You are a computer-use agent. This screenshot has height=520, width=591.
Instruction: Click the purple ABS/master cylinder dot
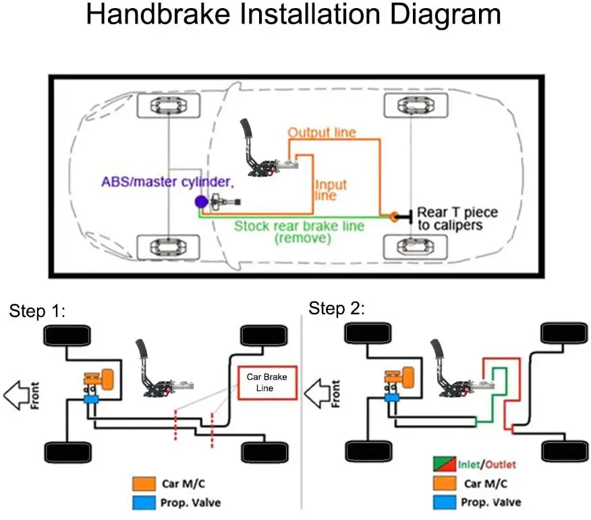pyautogui.click(x=200, y=202)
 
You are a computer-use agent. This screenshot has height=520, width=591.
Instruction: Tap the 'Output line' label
pyautogui.click(x=321, y=133)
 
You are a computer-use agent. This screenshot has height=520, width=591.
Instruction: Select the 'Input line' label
pyautogui.click(x=331, y=190)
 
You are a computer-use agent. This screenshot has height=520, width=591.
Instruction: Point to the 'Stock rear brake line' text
pyautogui.click(x=298, y=225)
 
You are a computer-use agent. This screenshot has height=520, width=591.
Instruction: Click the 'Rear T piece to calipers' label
pyautogui.click(x=457, y=219)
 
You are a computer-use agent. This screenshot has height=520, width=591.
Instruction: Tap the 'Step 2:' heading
pyautogui.click(x=336, y=308)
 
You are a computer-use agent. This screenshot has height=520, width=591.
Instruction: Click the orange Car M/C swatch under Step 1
pyautogui.click(x=144, y=484)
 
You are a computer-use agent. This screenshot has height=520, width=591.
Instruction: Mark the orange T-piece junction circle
pyautogui.click(x=393, y=216)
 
